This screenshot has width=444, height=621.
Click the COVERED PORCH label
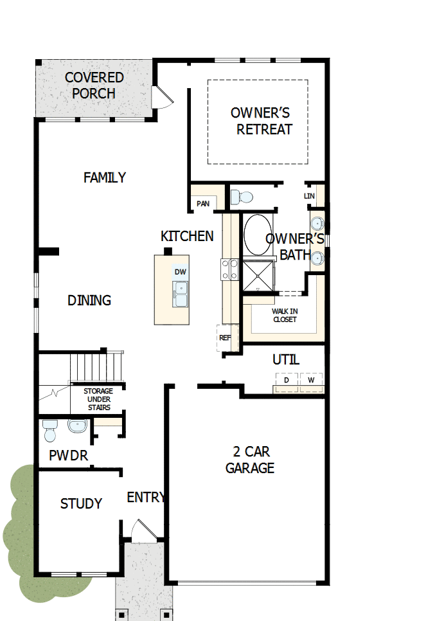tap(94, 85)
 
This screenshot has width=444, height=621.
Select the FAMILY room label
tap(105, 177)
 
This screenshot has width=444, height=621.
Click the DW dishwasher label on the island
tap(181, 272)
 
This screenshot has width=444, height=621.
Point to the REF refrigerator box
tap(226, 337)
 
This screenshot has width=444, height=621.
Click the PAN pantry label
tap(203, 204)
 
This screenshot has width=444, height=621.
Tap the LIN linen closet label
tap(309, 195)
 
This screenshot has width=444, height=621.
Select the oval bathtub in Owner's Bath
tap(257, 234)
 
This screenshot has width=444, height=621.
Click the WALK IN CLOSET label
tap(285, 315)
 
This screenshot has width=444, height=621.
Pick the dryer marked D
tap(287, 380)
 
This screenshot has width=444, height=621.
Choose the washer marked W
tap(311, 380)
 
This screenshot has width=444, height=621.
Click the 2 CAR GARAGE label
tap(250, 460)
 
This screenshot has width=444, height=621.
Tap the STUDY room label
tap(81, 503)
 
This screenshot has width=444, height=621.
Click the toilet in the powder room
tap(50, 431)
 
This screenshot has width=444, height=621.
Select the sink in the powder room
tap(78, 426)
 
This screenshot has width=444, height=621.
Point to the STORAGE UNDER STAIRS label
tap(98, 399)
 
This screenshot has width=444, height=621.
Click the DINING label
tap(89, 300)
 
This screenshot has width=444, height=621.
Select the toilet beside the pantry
tap(241, 196)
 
